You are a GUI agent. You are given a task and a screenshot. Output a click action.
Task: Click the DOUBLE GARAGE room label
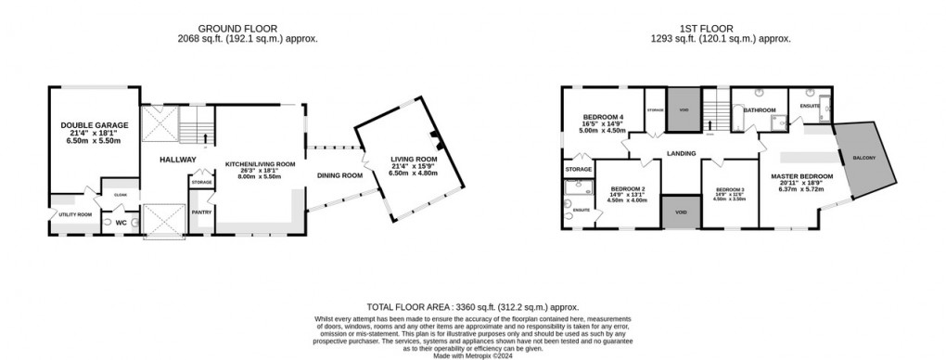[95, 124]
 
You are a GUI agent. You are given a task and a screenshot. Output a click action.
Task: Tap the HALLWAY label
[176, 160]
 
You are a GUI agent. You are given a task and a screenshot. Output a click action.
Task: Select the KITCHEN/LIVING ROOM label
[261, 164]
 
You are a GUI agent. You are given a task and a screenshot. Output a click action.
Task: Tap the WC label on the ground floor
[121, 223]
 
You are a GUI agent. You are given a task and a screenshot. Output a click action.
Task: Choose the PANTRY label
[201, 212]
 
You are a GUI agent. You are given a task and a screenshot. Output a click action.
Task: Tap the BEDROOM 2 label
[626, 188]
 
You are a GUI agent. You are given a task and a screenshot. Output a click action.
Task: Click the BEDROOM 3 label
[730, 188]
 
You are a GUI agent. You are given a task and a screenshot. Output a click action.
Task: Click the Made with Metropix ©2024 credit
[472, 354]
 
